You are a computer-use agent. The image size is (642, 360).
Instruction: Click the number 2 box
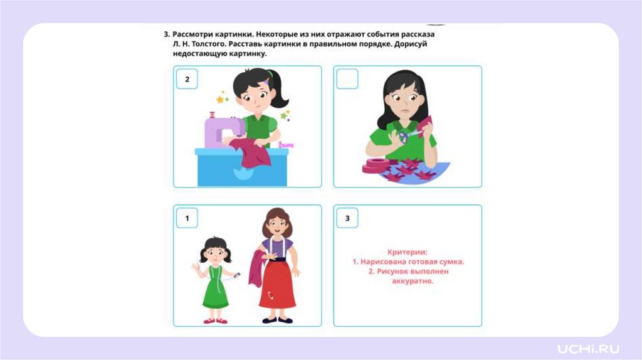point(187,79)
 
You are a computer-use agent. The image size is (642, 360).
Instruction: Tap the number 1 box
point(187,218)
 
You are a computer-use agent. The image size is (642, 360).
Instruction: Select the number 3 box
point(347,218)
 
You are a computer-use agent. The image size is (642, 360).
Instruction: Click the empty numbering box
point(347,79)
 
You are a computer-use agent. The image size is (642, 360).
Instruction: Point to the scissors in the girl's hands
point(408,135)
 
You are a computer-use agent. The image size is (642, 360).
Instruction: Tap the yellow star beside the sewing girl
point(220,99)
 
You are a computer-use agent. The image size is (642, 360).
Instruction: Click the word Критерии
point(407,252)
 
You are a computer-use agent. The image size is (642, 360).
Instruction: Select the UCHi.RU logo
point(588,349)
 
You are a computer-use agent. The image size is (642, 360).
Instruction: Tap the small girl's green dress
point(215,287)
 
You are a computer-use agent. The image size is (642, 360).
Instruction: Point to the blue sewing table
point(241,167)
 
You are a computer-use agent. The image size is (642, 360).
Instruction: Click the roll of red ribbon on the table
point(377,166)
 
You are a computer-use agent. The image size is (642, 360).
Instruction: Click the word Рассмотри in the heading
point(192,34)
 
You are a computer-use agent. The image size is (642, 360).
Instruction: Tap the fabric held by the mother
point(256,268)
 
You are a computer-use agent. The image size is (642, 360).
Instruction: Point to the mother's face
point(276,225)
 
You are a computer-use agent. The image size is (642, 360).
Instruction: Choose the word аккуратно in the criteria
point(413,281)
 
